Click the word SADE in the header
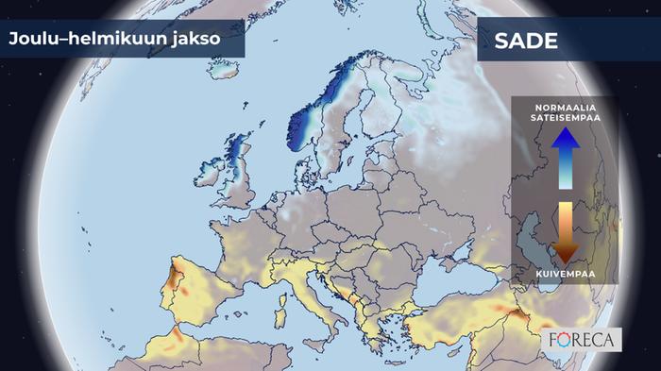click(525, 42)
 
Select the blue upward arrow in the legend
click(565, 156)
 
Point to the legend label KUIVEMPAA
click(565, 273)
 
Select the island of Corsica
click(286, 283)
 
